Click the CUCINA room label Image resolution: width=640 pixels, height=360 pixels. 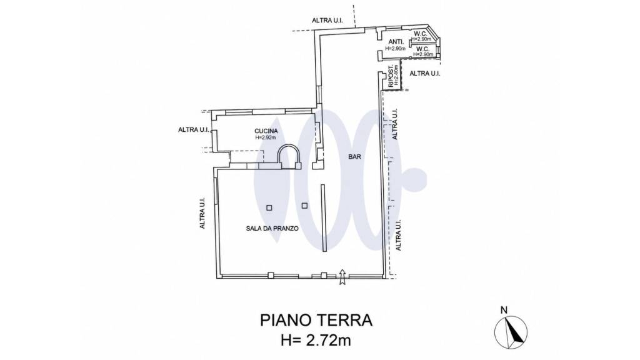[266, 131]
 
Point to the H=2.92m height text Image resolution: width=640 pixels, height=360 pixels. [266, 137]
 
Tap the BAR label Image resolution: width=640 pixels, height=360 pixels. [355, 156]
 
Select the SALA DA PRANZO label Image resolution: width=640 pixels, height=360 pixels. [272, 229]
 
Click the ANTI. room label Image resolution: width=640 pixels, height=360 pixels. [396, 42]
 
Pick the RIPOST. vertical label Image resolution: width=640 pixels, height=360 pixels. [391, 76]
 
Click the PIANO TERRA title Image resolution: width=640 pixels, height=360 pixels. [316, 321]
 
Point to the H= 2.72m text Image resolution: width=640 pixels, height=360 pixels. [316, 339]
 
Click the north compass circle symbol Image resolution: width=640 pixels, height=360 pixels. [511, 332]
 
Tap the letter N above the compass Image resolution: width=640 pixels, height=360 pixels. [504, 310]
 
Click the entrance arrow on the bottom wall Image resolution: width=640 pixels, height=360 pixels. [342, 277]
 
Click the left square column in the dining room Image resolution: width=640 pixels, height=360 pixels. [269, 207]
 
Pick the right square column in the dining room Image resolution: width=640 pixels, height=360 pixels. [304, 206]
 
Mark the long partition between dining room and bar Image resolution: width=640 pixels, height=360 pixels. [323, 218]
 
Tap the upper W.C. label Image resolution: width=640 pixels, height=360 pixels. [421, 34]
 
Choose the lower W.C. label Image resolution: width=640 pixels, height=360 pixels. [422, 49]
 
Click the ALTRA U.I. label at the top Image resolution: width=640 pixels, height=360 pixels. [327, 21]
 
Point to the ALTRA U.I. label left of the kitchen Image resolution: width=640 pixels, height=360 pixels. [194, 130]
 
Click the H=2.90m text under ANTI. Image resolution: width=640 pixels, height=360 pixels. [396, 49]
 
